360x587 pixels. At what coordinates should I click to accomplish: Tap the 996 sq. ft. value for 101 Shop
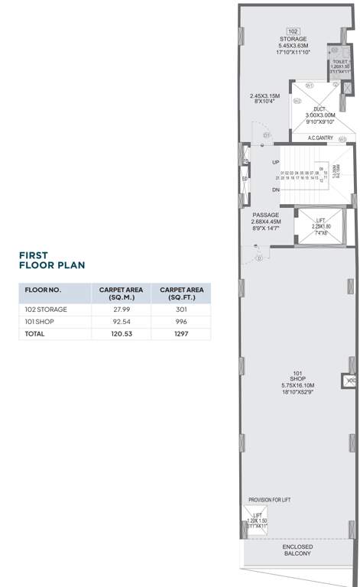(x=180, y=322)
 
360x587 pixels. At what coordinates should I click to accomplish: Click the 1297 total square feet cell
(x=180, y=334)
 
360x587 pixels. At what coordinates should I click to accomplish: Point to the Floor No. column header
(x=43, y=290)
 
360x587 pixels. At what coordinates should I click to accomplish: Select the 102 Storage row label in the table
(x=47, y=309)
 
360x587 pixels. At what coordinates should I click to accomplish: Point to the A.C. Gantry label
(x=323, y=138)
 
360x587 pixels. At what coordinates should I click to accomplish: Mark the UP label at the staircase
(x=275, y=162)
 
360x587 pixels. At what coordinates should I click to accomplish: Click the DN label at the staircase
(x=275, y=190)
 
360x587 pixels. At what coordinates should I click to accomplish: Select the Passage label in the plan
(x=265, y=216)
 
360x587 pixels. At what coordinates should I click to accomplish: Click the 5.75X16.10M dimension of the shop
(x=298, y=384)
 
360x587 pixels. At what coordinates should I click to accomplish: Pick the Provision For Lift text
(x=268, y=500)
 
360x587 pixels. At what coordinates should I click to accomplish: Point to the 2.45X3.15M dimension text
(x=265, y=96)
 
